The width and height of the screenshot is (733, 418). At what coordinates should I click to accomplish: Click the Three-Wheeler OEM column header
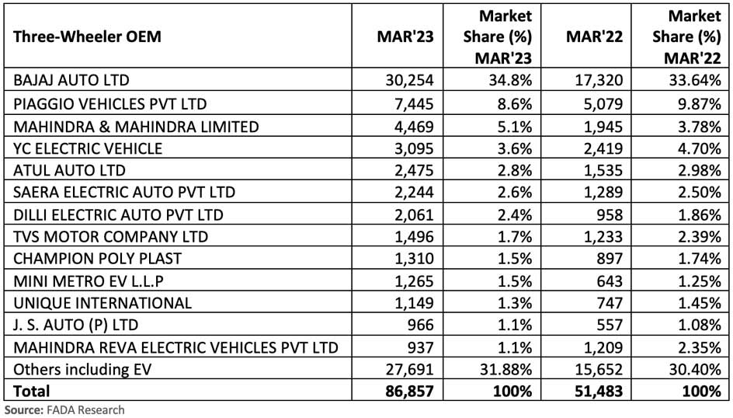pyautogui.click(x=86, y=37)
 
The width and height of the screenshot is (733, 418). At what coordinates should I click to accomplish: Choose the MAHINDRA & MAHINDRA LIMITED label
pyautogui.click(x=136, y=125)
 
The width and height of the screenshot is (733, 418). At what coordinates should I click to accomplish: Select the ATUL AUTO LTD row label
pyautogui.click(x=64, y=169)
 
